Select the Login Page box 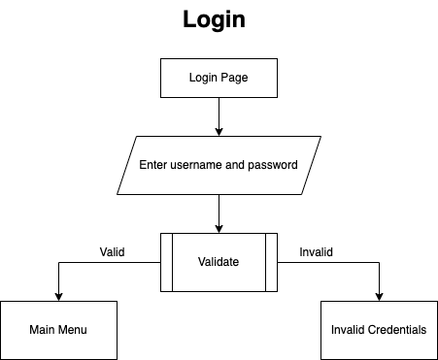click(x=219, y=78)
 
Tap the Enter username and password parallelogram click(x=219, y=165)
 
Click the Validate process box click(x=219, y=262)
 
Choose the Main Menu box click(x=58, y=330)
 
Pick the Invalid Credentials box click(x=378, y=330)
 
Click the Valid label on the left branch click(x=112, y=251)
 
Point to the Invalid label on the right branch click(x=316, y=251)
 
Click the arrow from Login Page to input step click(x=219, y=115)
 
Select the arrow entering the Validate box click(x=219, y=213)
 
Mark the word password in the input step click(x=274, y=165)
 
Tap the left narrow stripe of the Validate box click(x=166, y=262)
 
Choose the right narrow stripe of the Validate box click(x=271, y=262)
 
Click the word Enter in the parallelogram click(x=155, y=165)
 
